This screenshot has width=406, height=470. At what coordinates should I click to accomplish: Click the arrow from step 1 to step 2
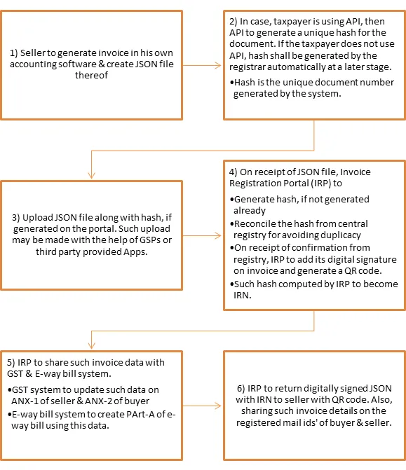tap(202, 65)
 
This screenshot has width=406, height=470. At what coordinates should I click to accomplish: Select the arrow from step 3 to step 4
tap(202, 235)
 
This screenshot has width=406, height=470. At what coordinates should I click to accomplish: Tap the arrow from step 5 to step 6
tap(202, 406)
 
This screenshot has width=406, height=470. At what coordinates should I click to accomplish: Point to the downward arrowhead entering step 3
tap(92, 175)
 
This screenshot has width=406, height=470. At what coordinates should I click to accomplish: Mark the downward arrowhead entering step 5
tap(92, 345)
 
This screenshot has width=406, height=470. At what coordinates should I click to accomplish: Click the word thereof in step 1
tap(91, 75)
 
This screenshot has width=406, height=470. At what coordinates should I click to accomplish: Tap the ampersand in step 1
tap(102, 64)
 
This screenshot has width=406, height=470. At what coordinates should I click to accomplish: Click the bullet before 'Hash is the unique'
tap(231, 83)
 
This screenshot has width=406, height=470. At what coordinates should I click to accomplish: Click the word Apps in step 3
tap(135, 252)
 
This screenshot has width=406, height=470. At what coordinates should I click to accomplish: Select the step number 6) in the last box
tap(241, 389)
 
